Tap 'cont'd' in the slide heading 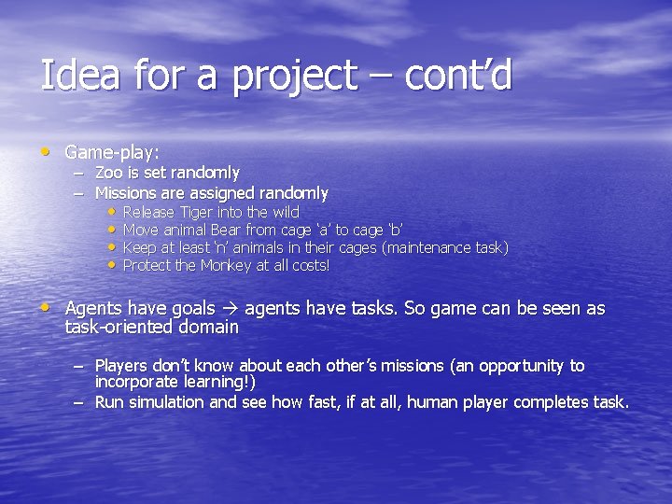(458, 76)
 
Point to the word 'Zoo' (108, 173)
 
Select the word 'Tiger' (198, 212)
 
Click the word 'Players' (123, 366)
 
